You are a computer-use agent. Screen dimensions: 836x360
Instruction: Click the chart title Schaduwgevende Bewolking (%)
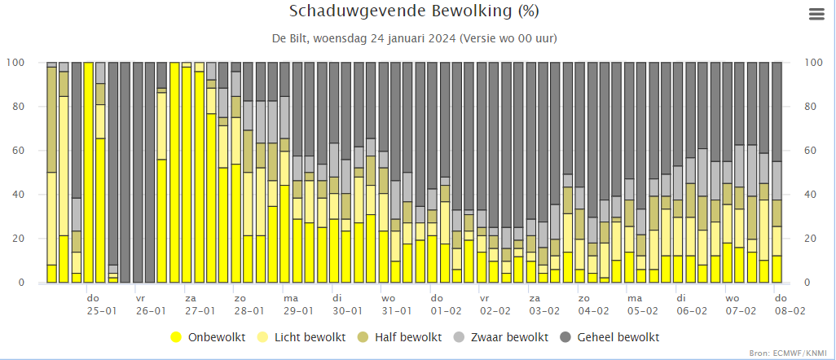(x=414, y=11)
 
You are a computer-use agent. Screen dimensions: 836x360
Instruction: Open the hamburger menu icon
(x=816, y=15)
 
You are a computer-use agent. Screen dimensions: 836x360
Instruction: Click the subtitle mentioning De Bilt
(x=415, y=38)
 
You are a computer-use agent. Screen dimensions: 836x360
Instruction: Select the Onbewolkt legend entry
(x=208, y=337)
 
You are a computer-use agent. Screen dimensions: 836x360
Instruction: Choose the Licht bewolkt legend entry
(x=302, y=337)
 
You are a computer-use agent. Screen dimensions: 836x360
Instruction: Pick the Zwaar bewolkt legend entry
(x=500, y=337)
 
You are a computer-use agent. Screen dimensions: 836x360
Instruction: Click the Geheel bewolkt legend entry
(x=610, y=337)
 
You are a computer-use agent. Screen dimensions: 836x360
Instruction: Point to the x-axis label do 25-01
(x=101, y=305)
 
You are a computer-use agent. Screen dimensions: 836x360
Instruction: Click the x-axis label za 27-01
(x=200, y=305)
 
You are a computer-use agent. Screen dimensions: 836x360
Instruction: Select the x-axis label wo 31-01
(x=396, y=305)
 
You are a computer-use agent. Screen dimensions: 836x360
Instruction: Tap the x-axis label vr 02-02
(x=495, y=305)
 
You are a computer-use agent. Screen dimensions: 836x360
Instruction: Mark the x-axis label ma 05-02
(x=642, y=305)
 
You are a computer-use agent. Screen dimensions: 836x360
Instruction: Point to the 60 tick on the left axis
(x=19, y=151)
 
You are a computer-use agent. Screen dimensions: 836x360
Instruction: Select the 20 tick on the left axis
(x=19, y=239)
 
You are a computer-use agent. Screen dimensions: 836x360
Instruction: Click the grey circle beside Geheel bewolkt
(x=566, y=337)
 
